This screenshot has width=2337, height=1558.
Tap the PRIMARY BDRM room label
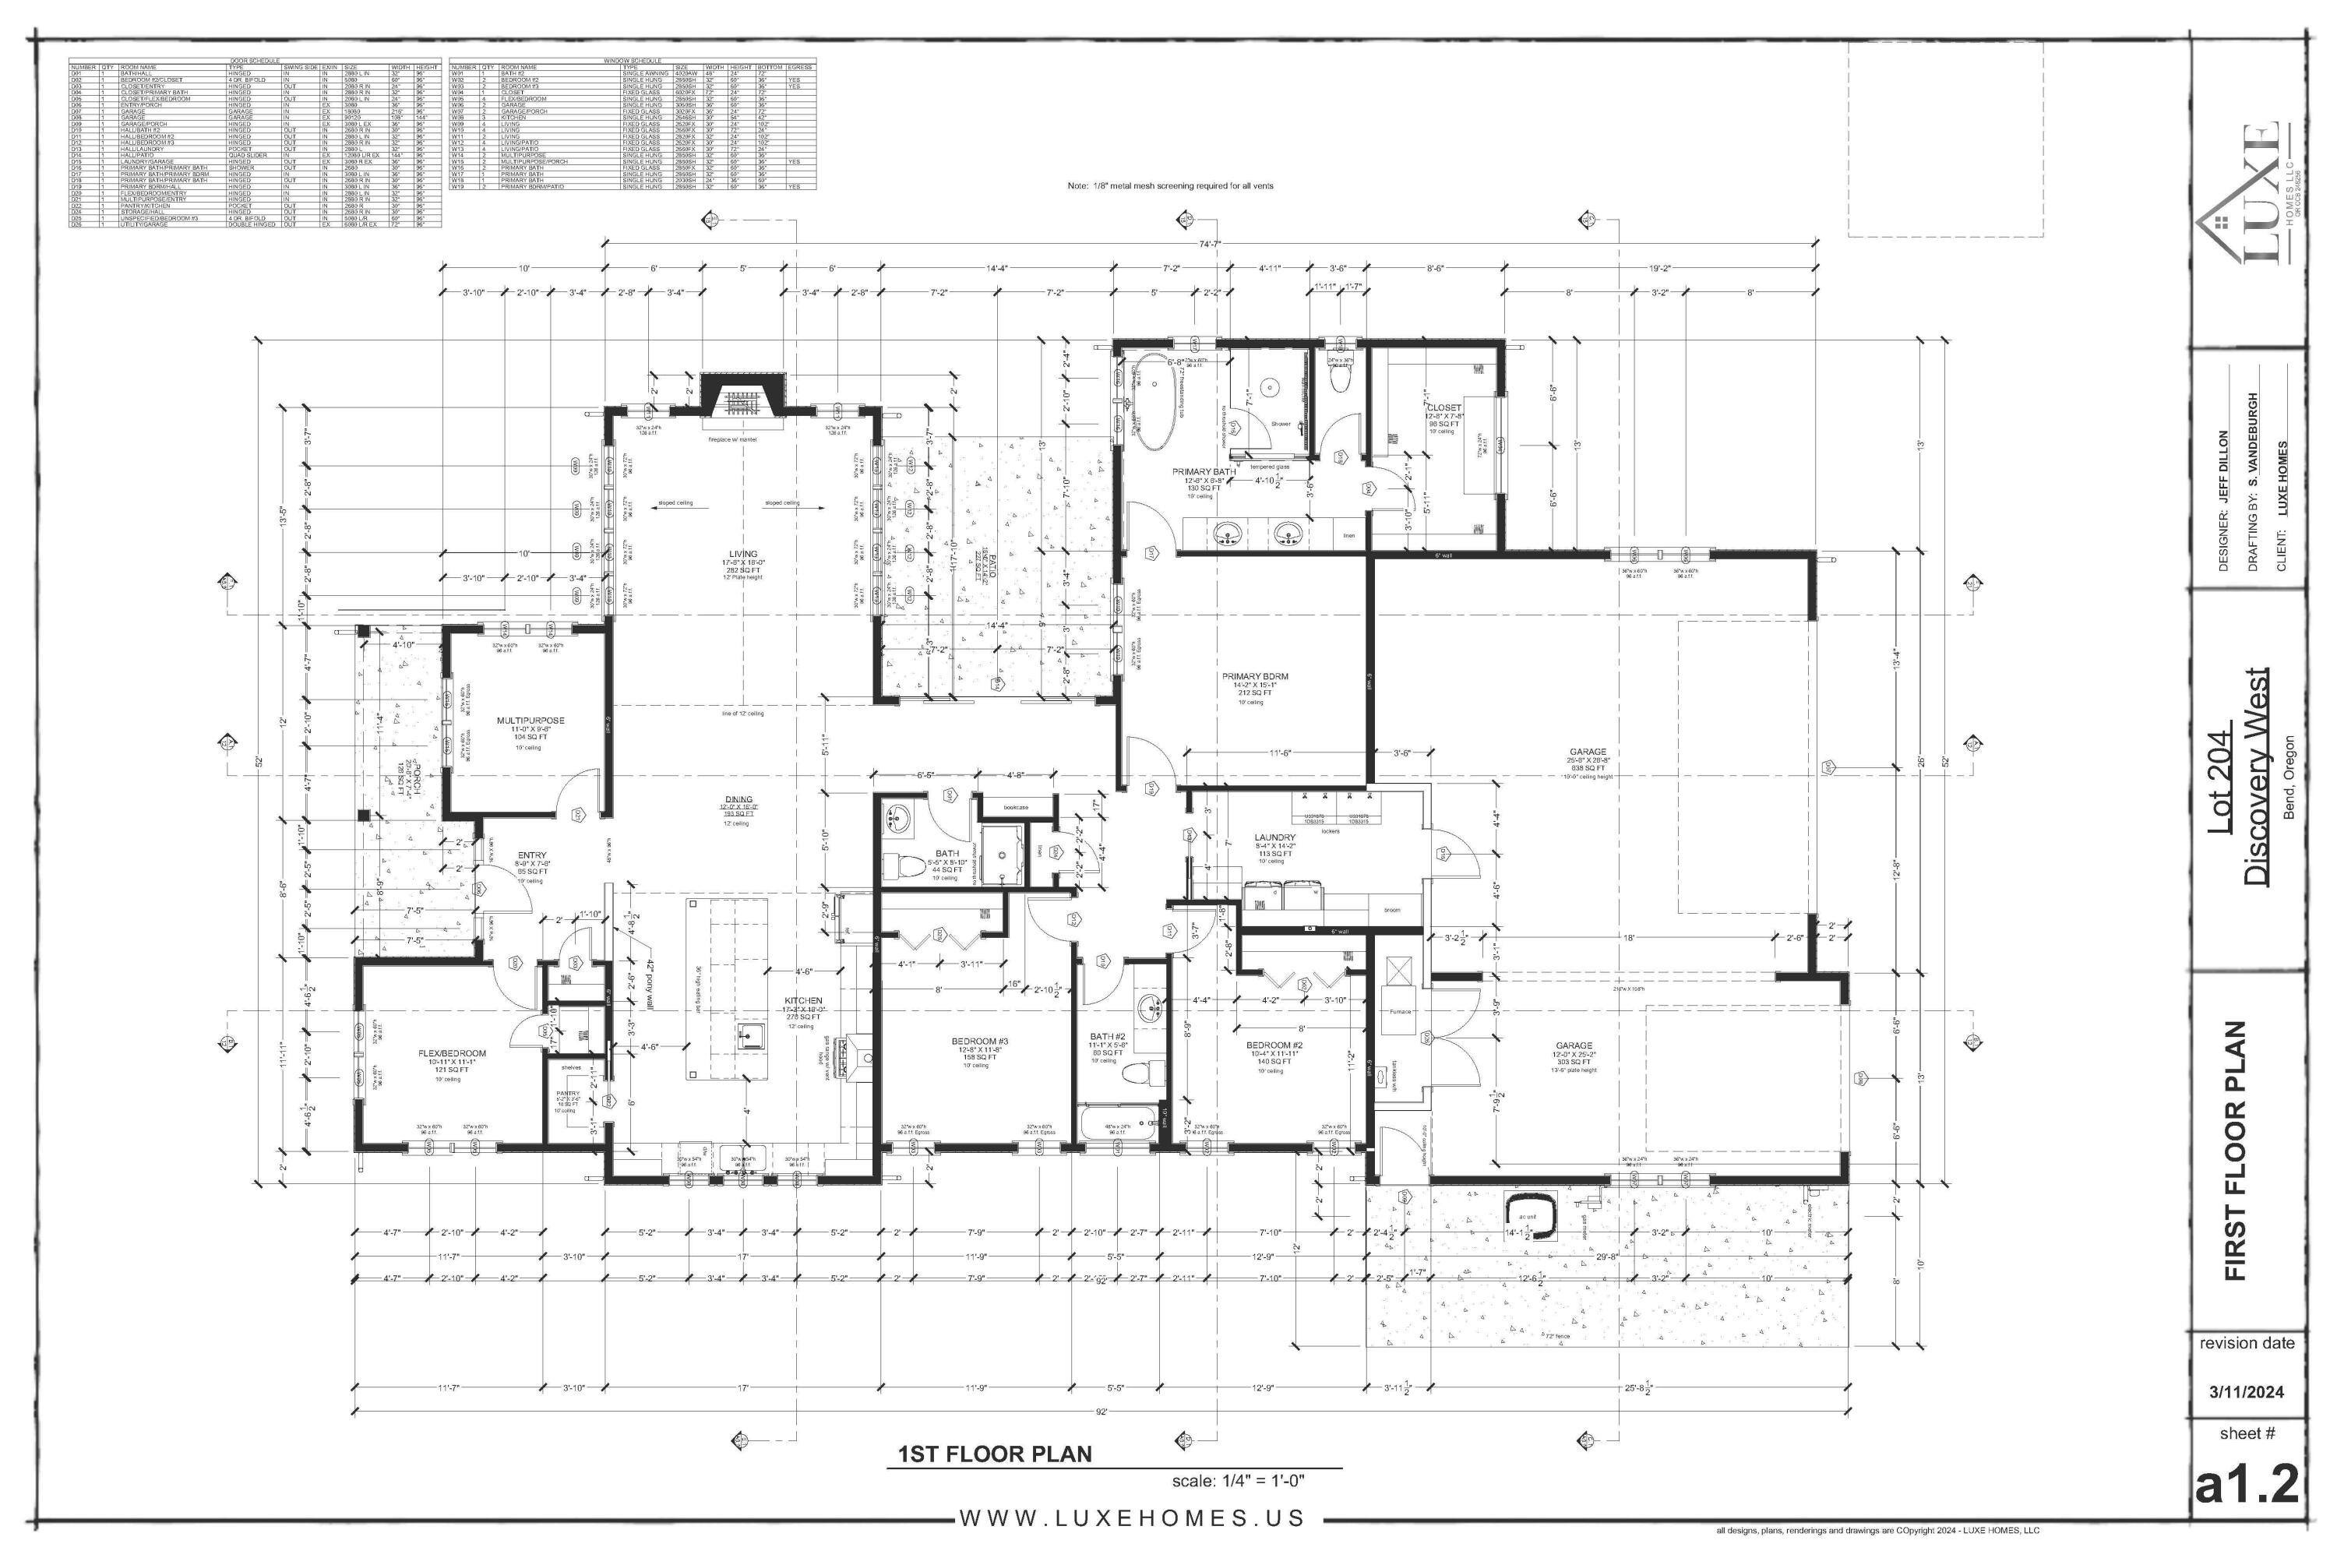click(x=1255, y=677)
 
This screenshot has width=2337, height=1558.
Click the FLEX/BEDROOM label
click(x=452, y=1053)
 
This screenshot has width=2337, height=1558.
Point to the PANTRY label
click(x=567, y=1094)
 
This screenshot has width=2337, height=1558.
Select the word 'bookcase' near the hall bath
click(x=1016, y=807)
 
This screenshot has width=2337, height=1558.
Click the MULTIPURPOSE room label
click(x=530, y=721)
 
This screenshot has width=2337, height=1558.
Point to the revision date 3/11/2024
click(x=2246, y=1392)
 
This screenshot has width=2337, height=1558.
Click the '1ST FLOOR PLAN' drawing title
click(x=995, y=1454)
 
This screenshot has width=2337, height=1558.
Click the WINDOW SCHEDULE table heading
click(x=632, y=61)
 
